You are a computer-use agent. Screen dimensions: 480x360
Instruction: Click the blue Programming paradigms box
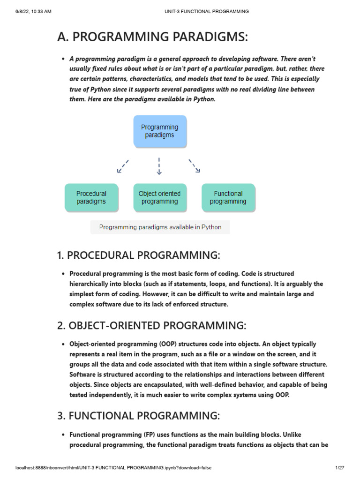pyautogui.click(x=159, y=131)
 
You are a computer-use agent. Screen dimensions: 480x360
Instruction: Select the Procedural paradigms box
pyautogui.click(x=91, y=197)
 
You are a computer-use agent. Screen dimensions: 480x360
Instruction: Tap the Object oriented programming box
pyautogui.click(x=159, y=197)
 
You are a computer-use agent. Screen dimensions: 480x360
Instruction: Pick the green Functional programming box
pyautogui.click(x=228, y=197)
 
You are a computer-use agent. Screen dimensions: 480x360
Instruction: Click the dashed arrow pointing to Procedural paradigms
pyautogui.click(x=122, y=166)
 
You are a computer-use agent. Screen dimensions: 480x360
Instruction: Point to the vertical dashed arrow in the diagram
pyautogui.click(x=159, y=166)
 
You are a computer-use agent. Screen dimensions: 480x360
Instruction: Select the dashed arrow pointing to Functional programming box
pyautogui.click(x=195, y=166)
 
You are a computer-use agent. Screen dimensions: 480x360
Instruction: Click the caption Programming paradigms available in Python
pyautogui.click(x=160, y=227)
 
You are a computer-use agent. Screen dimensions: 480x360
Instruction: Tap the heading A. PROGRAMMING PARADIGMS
pyautogui.click(x=152, y=37)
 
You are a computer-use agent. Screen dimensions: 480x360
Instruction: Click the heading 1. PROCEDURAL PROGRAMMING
pyautogui.click(x=138, y=255)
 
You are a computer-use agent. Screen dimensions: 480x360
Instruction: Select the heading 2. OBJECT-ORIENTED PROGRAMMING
pyautogui.click(x=151, y=325)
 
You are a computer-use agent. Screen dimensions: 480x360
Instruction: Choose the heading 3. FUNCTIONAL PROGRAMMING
pyautogui.click(x=138, y=415)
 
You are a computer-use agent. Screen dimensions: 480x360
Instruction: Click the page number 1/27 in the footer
pyautogui.click(x=340, y=468)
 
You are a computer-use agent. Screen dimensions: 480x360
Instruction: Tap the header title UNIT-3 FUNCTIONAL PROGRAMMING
pyautogui.click(x=206, y=11)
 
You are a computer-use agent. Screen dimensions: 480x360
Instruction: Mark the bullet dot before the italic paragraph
pyautogui.click(x=63, y=59)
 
